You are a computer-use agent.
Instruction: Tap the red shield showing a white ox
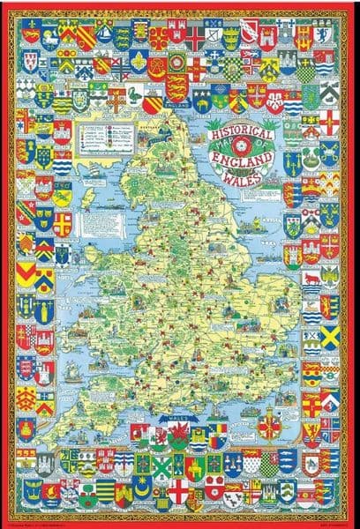311,280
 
